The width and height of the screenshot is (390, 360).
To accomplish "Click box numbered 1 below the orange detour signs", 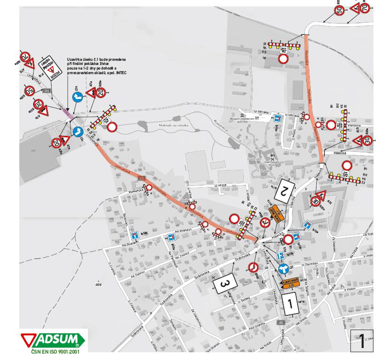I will point(290,303).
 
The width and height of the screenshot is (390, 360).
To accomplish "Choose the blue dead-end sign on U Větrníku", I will point(278,118).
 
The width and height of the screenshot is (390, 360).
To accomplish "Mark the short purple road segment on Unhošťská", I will point(68,113).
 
